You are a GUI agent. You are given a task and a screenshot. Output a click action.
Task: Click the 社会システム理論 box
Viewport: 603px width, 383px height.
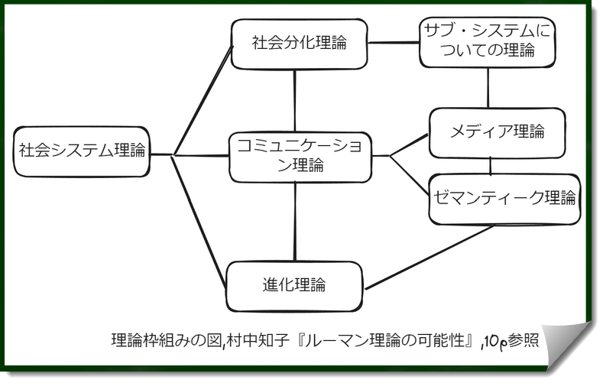coord(82,151)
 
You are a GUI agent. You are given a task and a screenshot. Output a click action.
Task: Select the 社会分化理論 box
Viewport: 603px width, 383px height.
coord(299,44)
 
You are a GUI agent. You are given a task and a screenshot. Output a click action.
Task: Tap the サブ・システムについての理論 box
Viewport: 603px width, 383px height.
coord(486,43)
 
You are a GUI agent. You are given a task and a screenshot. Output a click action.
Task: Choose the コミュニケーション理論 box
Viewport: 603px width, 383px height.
coord(300,157)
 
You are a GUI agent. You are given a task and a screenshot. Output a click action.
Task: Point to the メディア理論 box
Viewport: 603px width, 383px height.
coord(497,131)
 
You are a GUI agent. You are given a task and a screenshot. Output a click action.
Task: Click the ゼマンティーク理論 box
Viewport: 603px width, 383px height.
coord(504,199)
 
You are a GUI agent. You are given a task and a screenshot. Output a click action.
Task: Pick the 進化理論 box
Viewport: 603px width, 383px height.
coord(294,285)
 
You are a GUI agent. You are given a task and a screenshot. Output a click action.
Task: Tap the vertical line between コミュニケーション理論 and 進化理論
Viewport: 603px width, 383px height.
coord(295,222)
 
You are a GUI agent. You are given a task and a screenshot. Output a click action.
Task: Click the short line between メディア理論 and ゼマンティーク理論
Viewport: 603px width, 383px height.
coord(490,165)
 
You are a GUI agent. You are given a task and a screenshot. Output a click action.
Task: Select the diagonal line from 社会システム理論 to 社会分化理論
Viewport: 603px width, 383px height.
coord(202,99)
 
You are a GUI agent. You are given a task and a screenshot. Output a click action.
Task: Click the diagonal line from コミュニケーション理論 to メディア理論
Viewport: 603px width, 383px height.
coord(410,145)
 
